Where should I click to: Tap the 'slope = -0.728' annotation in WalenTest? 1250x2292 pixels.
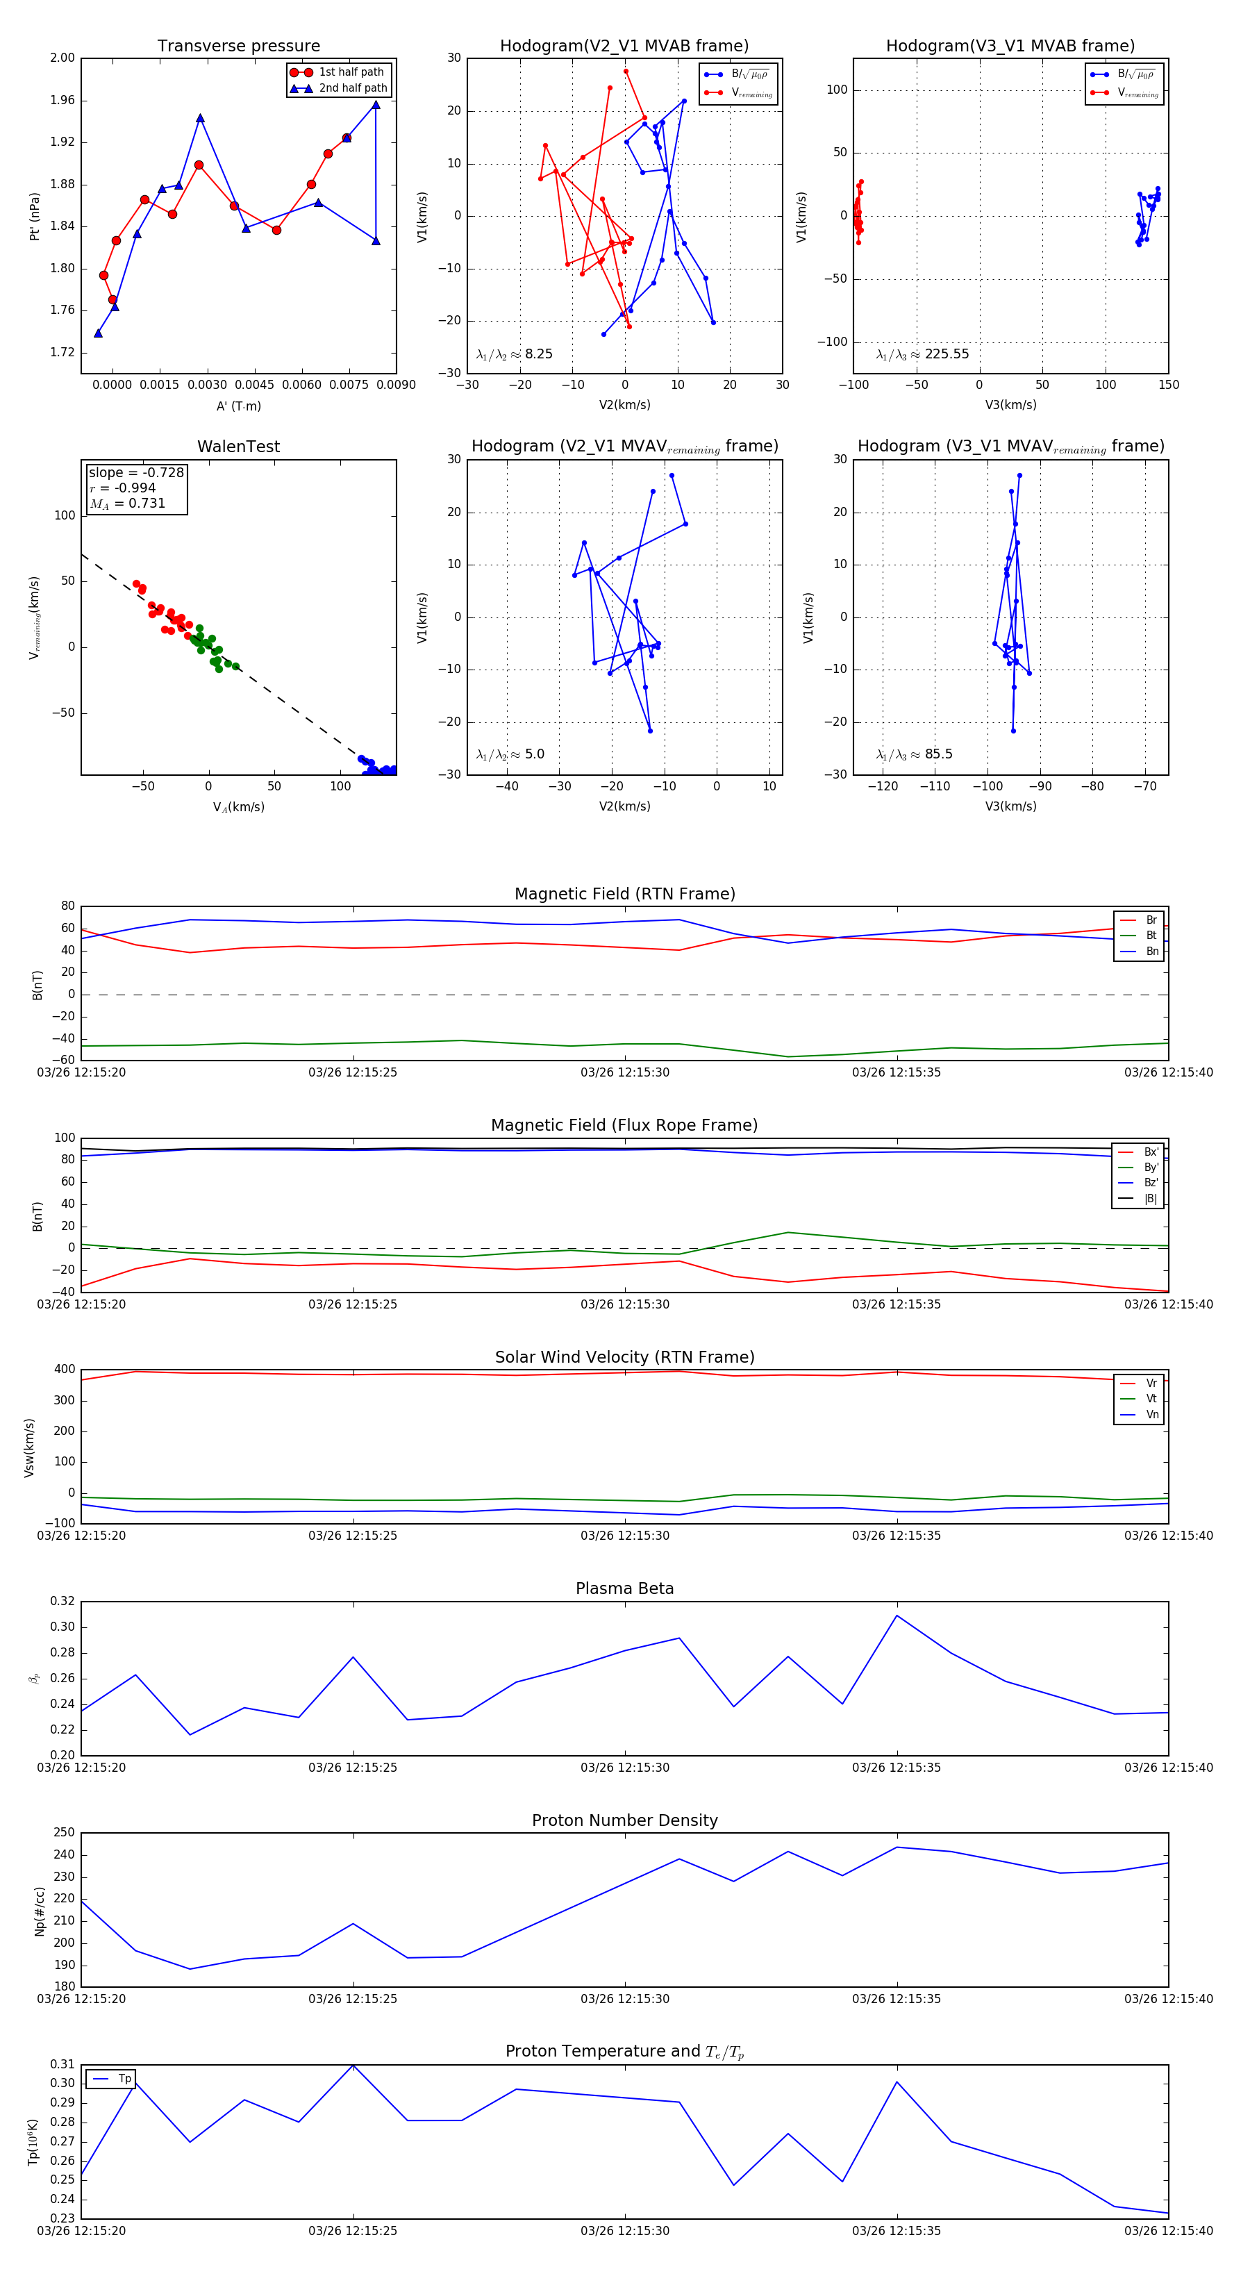coord(136,472)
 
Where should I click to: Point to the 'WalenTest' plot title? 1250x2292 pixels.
coord(238,447)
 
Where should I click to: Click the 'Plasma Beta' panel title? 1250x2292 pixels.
coord(624,1589)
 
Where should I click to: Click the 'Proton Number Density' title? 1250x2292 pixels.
coord(624,1820)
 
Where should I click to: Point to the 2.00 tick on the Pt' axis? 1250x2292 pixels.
coord(62,58)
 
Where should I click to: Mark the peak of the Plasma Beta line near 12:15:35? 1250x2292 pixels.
coord(897,1615)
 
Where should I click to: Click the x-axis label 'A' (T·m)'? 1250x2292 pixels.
coord(238,406)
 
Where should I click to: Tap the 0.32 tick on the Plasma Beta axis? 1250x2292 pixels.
coord(62,1602)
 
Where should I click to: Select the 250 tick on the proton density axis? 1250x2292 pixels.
coord(64,1833)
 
